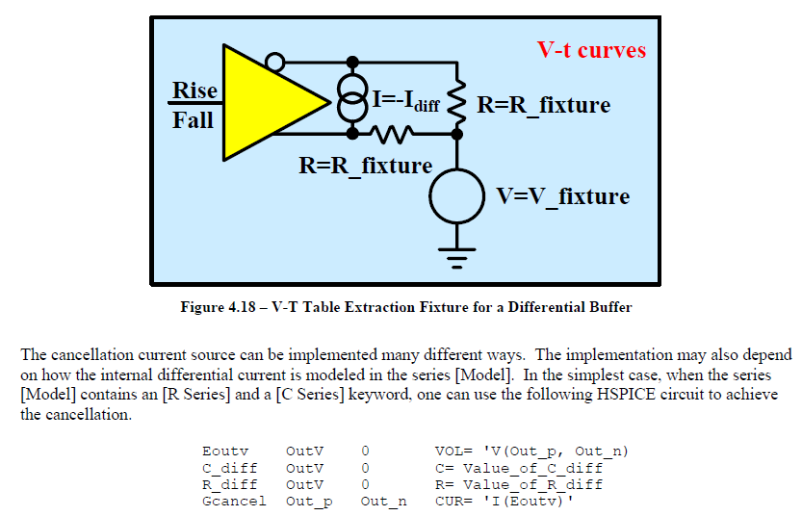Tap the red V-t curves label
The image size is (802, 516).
click(x=591, y=50)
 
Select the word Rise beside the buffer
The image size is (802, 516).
click(x=194, y=90)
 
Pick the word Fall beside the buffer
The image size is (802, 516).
click(x=194, y=120)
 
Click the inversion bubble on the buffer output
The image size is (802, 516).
click(x=275, y=64)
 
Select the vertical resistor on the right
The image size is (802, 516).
click(x=458, y=97)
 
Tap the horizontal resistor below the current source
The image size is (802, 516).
click(x=399, y=132)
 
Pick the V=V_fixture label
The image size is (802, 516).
click(x=562, y=196)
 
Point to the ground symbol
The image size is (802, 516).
click(x=458, y=254)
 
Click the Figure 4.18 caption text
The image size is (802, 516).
click(x=405, y=307)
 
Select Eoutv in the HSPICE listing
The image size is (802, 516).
click(x=225, y=451)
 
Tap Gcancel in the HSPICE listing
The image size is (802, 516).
click(x=234, y=501)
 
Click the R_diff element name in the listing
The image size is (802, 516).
click(x=229, y=484)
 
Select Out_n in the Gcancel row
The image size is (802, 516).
click(x=383, y=501)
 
